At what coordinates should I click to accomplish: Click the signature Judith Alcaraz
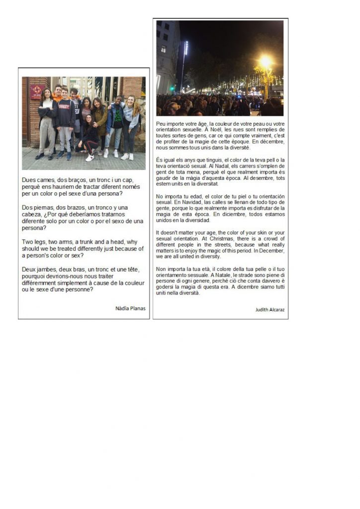pyautogui.click(x=270, y=309)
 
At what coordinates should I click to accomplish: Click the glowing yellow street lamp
pyautogui.click(x=266, y=62)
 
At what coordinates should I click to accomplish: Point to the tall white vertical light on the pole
pyautogui.click(x=186, y=49)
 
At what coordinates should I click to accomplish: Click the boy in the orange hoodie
pyautogui.click(x=58, y=94)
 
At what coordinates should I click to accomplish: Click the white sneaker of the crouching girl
pyautogui.click(x=90, y=158)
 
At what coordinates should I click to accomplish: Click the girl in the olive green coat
pyautogui.click(x=99, y=119)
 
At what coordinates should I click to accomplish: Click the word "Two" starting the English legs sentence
pyautogui.click(x=28, y=242)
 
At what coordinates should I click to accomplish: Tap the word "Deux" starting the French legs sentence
pyautogui.click(x=30, y=269)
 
